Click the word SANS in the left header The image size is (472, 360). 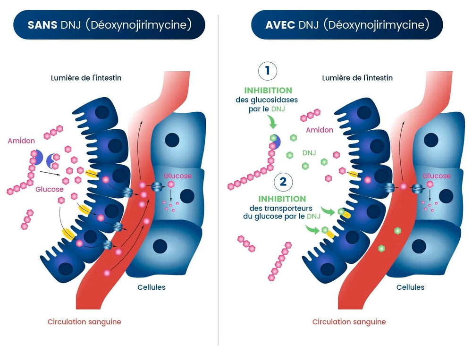(x=42, y=25)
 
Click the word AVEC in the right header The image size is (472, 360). (x=280, y=25)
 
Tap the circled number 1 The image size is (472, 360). (x=268, y=71)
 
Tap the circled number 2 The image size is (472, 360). (x=282, y=182)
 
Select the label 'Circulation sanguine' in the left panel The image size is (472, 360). (x=84, y=322)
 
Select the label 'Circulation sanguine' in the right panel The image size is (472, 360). (x=349, y=322)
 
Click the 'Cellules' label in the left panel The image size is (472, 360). (x=151, y=287)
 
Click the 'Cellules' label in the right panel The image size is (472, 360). (x=410, y=287)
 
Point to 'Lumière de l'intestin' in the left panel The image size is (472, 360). (x=86, y=77)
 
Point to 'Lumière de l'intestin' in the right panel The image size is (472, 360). (x=357, y=77)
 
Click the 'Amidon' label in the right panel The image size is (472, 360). (x=320, y=130)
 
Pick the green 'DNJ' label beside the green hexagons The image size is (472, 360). (x=309, y=153)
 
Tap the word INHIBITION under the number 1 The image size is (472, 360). (x=268, y=90)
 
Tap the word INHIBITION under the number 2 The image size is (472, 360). (x=282, y=199)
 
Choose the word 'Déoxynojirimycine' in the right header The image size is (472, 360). (x=376, y=25)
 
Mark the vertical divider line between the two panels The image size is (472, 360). (x=218, y=179)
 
